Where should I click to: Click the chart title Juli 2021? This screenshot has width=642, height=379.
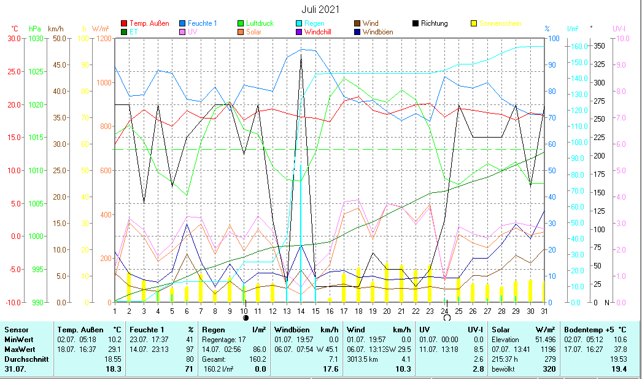[320, 9]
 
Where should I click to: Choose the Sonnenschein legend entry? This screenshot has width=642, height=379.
[500, 23]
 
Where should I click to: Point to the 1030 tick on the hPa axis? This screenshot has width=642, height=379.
[36, 38]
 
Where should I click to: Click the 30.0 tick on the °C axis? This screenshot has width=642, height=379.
[14, 38]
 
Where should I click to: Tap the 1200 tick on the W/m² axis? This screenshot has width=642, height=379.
[102, 38]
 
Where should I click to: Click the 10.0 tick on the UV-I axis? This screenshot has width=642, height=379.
[623, 38]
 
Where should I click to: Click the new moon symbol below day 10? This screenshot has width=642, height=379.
[246, 318]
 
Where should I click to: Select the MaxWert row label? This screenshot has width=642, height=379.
[18, 349]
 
